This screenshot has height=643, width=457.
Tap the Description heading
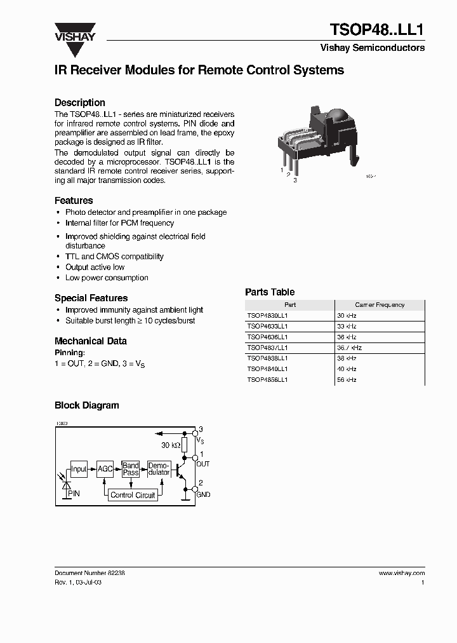click(x=79, y=102)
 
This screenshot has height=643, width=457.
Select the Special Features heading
click(x=91, y=298)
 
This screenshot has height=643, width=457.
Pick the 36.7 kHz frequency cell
click(x=349, y=348)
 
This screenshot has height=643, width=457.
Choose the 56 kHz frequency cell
click(x=347, y=379)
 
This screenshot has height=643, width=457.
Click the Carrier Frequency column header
click(x=380, y=305)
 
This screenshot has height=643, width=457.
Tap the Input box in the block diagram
click(x=79, y=470)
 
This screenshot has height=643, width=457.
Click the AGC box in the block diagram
click(x=105, y=470)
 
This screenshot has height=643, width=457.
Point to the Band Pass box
click(x=131, y=470)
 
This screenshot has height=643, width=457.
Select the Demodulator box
click(x=159, y=470)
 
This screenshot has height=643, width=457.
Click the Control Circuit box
click(x=133, y=495)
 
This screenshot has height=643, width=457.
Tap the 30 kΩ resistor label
click(x=171, y=445)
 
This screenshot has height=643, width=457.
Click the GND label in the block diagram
click(x=203, y=494)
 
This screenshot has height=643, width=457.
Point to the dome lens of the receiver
click(x=340, y=119)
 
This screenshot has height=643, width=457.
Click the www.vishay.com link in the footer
click(x=401, y=572)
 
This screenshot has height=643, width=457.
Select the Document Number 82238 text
click(x=89, y=572)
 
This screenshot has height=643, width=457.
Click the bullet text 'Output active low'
click(x=95, y=267)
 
